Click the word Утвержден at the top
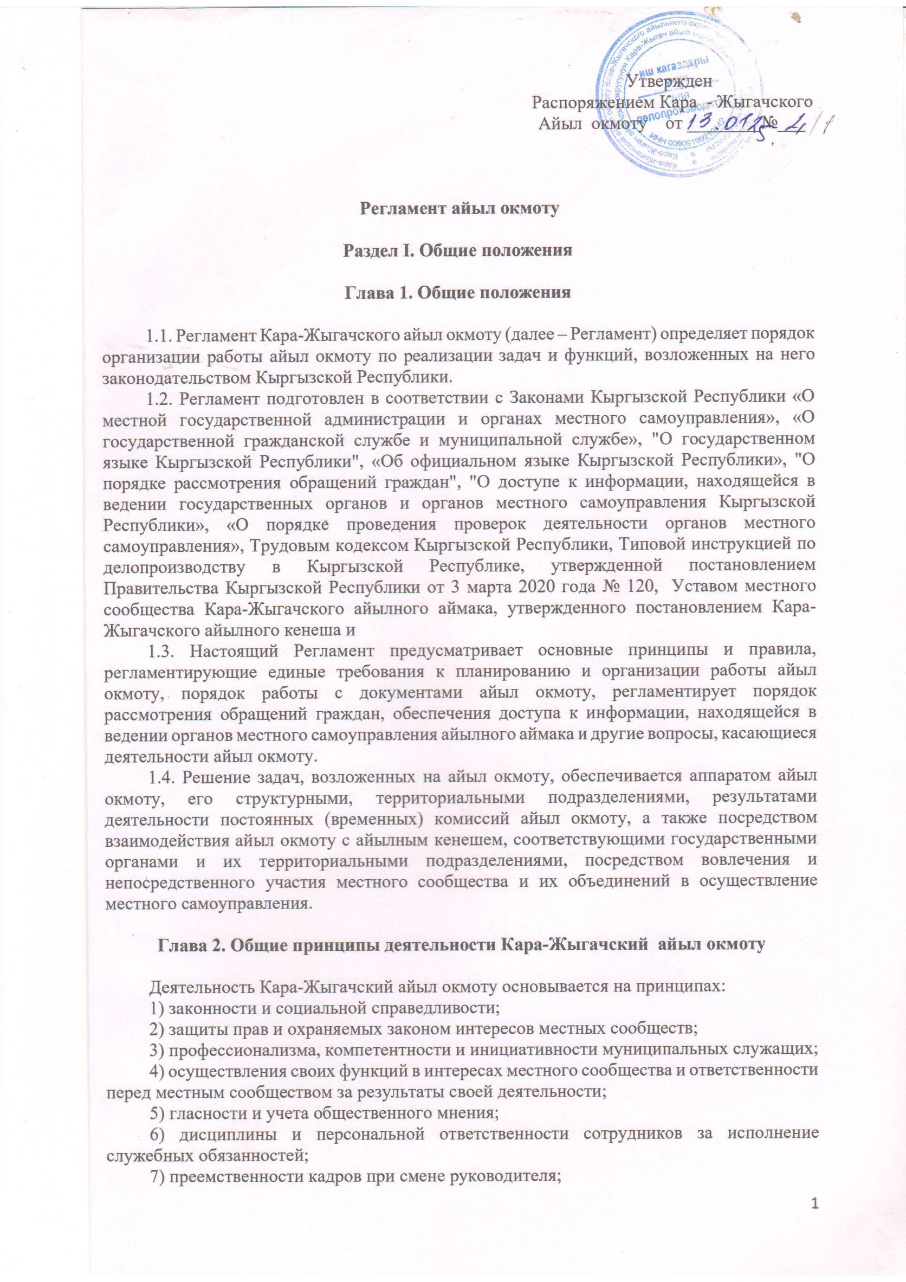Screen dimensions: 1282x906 [x=669, y=81]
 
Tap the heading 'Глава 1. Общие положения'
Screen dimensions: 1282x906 [x=458, y=293]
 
